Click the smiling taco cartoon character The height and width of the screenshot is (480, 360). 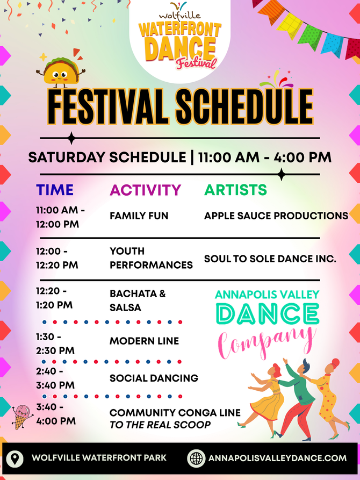(x=61, y=70)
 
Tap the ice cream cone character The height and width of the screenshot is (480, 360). (x=22, y=417)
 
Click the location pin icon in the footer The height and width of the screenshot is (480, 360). (x=15, y=458)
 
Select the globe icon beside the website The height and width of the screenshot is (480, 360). (x=196, y=458)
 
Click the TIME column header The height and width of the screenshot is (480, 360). (x=55, y=190)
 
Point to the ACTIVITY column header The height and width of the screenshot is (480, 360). (x=146, y=190)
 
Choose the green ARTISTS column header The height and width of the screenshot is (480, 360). (x=235, y=190)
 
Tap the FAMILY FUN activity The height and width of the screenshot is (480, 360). (x=139, y=216)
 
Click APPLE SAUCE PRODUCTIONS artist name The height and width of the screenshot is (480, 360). (x=276, y=216)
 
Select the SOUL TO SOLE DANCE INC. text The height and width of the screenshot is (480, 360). (x=270, y=259)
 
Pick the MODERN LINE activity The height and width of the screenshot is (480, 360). (x=144, y=341)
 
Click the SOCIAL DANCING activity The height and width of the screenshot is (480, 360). (x=154, y=378)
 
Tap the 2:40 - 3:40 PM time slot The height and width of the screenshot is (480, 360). (x=55, y=378)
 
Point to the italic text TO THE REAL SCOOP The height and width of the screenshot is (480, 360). (x=160, y=425)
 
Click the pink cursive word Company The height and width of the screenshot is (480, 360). (x=267, y=343)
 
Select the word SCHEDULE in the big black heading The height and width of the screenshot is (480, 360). (x=244, y=106)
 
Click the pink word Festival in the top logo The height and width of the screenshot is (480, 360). (x=196, y=63)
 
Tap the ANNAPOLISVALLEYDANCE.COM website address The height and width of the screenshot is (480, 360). (x=277, y=458)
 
